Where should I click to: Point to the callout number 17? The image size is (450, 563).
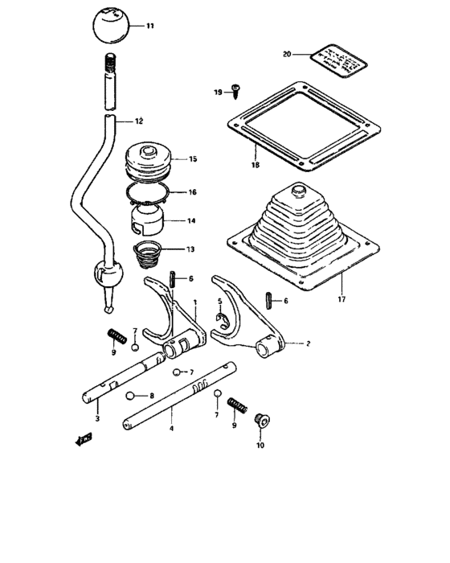(341, 299)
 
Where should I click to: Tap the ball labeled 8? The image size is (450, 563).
(129, 396)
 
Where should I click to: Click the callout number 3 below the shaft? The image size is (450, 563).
(96, 419)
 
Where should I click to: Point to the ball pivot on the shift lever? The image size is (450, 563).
(107, 273)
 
